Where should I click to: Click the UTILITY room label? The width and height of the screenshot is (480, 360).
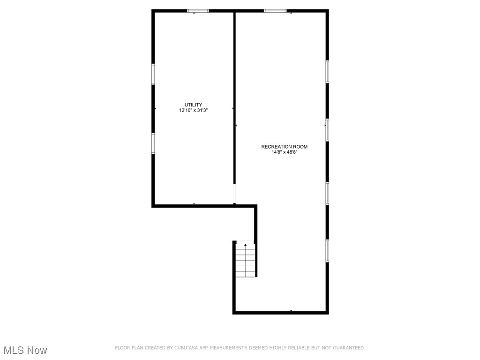[x=193, y=105]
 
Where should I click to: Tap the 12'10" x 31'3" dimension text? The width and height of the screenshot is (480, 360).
[x=194, y=110]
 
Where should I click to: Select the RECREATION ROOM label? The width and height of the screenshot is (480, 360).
[x=285, y=147]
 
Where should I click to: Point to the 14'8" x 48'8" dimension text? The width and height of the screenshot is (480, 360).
[x=285, y=152]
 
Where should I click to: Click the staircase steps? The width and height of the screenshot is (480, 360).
[x=245, y=261]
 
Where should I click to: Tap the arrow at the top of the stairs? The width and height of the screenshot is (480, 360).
[x=245, y=245]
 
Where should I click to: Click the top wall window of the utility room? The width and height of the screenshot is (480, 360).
[x=198, y=11]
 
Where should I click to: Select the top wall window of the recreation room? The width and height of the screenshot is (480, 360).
[x=275, y=11]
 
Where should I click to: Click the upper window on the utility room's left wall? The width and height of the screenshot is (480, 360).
[x=153, y=74]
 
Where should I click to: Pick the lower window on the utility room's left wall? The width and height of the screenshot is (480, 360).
[x=153, y=143]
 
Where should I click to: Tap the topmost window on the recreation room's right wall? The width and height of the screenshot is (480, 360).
[x=327, y=72]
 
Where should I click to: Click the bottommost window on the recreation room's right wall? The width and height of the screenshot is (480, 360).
[x=327, y=251]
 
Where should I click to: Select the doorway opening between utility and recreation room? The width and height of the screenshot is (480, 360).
[x=234, y=194]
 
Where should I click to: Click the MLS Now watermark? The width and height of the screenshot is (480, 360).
[x=25, y=350]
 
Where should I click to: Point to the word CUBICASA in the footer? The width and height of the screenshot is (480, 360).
[x=186, y=348]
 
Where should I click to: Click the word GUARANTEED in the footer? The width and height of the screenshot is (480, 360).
[x=349, y=348]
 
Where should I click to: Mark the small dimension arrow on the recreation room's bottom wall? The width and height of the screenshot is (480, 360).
[x=291, y=311]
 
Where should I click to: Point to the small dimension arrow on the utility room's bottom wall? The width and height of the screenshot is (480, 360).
[x=194, y=204]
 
